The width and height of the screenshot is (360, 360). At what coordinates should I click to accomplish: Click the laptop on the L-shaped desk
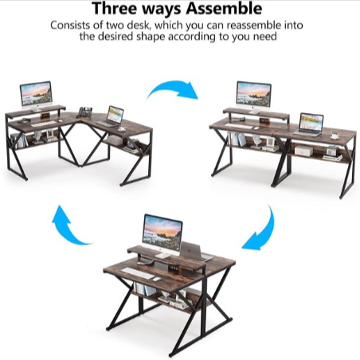(115, 115)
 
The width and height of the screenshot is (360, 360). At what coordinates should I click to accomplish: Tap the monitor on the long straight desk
(253, 94)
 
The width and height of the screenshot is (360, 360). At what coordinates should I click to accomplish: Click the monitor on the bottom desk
(162, 231)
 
